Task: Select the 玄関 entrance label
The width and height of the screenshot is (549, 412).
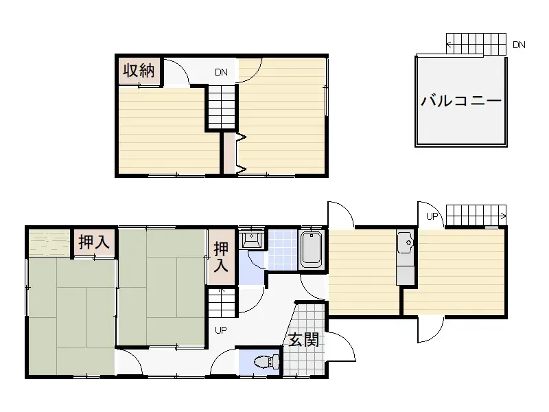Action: click(x=303, y=339)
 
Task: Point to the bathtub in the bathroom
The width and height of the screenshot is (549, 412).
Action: click(x=312, y=250)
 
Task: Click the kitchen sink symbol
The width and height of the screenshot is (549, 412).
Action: click(x=404, y=242)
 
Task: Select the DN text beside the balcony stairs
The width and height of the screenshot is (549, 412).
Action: click(x=519, y=45)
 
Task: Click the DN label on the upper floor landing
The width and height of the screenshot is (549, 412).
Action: click(x=221, y=72)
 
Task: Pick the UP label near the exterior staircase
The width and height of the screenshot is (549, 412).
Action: click(x=432, y=216)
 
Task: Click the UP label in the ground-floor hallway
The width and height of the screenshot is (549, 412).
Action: click(x=222, y=330)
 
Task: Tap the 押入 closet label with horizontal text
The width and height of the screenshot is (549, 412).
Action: click(x=94, y=242)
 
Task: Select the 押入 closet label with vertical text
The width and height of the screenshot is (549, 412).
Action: click(x=221, y=256)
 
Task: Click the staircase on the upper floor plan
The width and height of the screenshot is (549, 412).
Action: click(x=222, y=106)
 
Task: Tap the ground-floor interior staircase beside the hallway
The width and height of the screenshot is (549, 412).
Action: click(x=222, y=301)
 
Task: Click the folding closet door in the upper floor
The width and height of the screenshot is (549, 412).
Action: click(x=240, y=152)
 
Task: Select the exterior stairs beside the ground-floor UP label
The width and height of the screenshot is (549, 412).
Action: click(x=476, y=215)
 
